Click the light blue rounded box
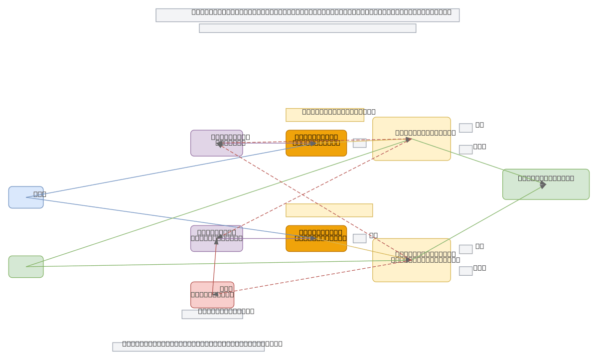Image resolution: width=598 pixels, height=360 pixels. tap(26, 197)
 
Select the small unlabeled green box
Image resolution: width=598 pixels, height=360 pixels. tap(26, 267)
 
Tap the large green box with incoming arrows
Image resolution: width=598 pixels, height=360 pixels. tap(546, 184)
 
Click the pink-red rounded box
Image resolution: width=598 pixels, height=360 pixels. tap(212, 295)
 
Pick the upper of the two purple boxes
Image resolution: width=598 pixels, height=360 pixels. tap(216, 143)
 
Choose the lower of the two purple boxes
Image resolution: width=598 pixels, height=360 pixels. tap(216, 238)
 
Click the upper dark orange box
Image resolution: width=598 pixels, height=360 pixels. tap(316, 143)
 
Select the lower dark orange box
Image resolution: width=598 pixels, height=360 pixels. tap(316, 238)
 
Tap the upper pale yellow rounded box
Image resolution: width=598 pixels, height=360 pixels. tap(411, 139)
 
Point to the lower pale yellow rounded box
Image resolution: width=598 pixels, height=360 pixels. tap(411, 260)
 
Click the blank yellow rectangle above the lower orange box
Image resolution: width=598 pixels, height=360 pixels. tap(329, 210)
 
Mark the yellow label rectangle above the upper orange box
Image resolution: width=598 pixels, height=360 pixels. tap(324, 115)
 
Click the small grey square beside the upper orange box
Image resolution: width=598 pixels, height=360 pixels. tap(359, 143)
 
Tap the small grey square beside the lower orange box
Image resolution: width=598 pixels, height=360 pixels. tap(359, 238)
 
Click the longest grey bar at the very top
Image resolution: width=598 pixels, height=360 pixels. tap(307, 15)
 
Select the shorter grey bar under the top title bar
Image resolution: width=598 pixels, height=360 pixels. tap(307, 28)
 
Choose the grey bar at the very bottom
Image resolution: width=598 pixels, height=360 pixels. tap(188, 347)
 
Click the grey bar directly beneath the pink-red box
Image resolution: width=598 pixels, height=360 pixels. tap(212, 314)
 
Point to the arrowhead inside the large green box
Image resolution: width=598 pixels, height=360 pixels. tap(543, 184)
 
